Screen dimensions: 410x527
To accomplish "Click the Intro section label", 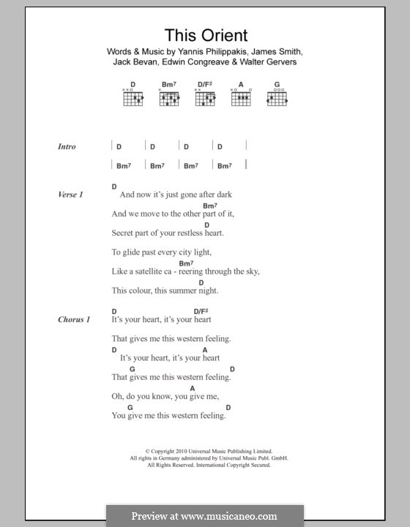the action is click(x=67, y=146).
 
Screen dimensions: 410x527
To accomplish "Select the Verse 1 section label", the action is click(x=70, y=195).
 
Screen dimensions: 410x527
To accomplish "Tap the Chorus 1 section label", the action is click(x=74, y=320).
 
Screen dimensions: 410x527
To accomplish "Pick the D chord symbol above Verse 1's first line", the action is click(x=115, y=187).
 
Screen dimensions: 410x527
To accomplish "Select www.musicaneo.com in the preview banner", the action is click(x=236, y=516).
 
